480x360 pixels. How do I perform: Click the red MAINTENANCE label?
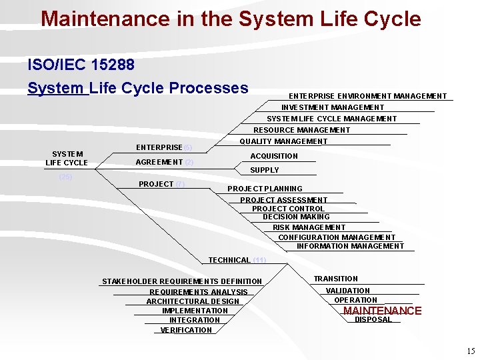click(x=382, y=311)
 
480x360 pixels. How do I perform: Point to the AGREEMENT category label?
click(x=159, y=162)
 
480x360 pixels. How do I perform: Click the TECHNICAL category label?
click(x=229, y=260)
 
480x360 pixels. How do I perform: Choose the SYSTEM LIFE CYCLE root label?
click(x=67, y=159)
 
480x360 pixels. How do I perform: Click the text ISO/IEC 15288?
click(x=81, y=65)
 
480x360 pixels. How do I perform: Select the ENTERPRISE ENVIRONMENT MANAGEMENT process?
click(x=367, y=96)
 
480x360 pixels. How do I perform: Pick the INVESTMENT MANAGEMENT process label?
click(x=333, y=107)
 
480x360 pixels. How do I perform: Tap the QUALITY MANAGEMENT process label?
click(x=283, y=141)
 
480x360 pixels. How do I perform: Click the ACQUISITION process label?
click(x=274, y=156)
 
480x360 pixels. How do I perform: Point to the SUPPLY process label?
click(x=265, y=170)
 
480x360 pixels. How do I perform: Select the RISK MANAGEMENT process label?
click(x=309, y=227)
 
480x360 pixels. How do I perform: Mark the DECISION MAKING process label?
click(x=296, y=217)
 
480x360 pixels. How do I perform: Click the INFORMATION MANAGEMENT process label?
click(x=350, y=246)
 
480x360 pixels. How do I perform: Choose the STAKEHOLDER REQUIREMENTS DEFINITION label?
click(x=182, y=281)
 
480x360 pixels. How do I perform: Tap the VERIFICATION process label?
click(x=186, y=330)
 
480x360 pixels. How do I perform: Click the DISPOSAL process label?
click(x=373, y=320)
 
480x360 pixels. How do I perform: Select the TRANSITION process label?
click(x=336, y=279)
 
